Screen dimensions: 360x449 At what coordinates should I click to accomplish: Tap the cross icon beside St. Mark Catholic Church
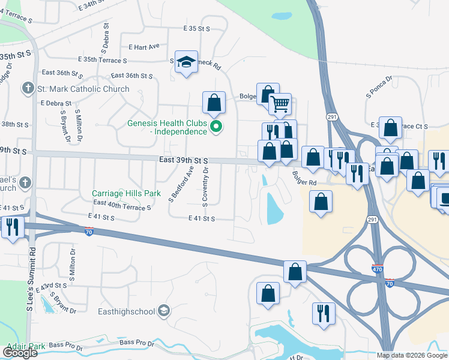[x=28, y=89]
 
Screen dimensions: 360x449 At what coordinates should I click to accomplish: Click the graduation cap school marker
[x=187, y=62]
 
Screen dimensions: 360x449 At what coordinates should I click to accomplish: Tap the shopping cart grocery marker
[x=280, y=104]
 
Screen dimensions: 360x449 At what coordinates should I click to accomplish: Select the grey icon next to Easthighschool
[x=164, y=311]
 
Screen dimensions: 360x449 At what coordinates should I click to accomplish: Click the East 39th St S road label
[x=184, y=161]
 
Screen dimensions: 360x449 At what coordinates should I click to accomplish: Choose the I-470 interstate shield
[x=377, y=269]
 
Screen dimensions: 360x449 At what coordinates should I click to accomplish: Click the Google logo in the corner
[x=19, y=353]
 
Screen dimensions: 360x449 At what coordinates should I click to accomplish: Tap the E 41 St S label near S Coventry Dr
[x=201, y=219]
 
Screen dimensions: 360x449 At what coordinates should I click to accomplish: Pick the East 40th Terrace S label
[x=122, y=206]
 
